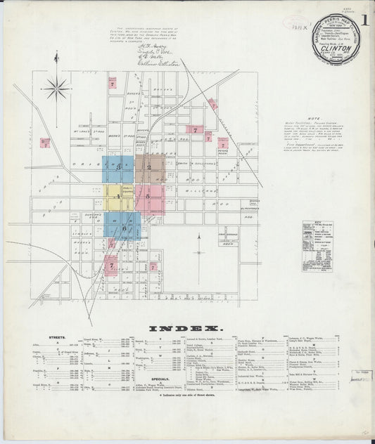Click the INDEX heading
[x=186, y=329]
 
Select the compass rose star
[x=56, y=89]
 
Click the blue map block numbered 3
[x=118, y=168]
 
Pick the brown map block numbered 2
[x=149, y=169]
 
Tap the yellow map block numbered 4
[x=118, y=197]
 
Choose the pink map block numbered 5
[x=149, y=197]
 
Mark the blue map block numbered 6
[x=123, y=227]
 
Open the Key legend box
[x=317, y=244]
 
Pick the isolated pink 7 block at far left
[x=44, y=143]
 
